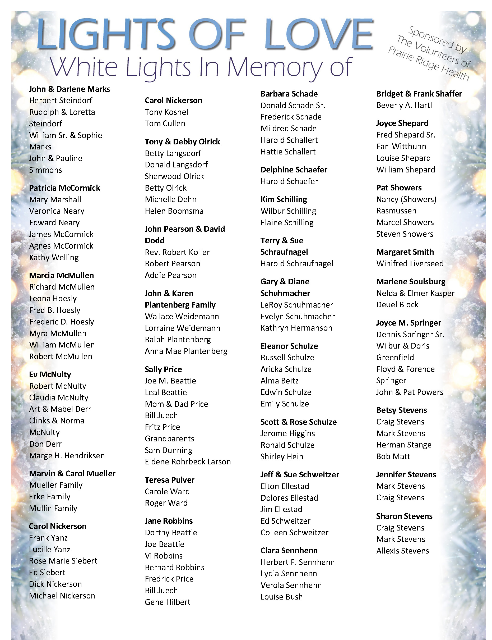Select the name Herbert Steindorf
61,100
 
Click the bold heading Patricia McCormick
64,188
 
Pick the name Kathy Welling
54,258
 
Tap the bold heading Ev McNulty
50,374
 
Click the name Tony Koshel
166,112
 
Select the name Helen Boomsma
174,211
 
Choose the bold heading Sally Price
163,369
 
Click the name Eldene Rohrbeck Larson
188,462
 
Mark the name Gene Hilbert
168,602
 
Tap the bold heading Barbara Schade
289,94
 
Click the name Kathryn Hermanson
296,328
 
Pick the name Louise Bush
281,597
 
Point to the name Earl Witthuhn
401,146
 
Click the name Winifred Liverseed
410,263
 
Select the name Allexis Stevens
402,551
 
